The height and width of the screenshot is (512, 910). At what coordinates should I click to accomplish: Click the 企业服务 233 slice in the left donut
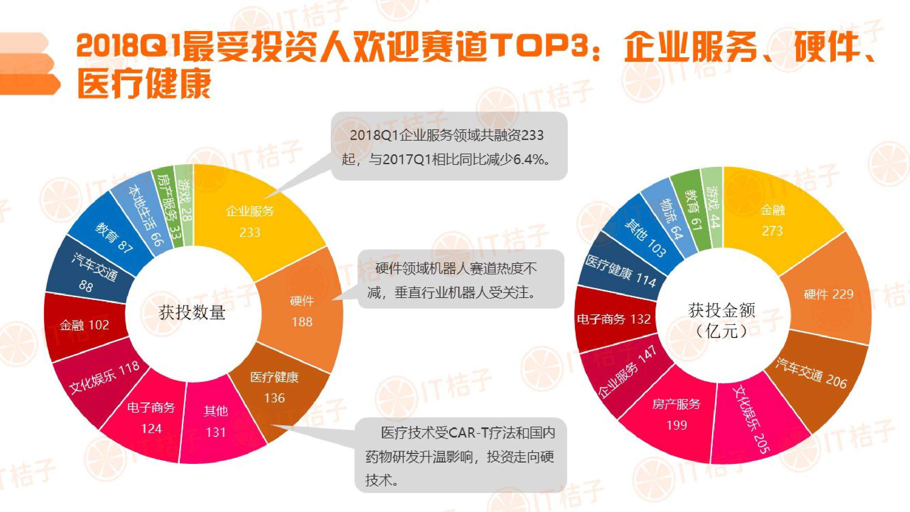coord(250,222)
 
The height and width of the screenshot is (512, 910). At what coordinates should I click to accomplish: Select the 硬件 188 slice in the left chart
coord(302,311)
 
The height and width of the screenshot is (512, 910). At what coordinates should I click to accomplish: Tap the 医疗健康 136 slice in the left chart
coord(274,388)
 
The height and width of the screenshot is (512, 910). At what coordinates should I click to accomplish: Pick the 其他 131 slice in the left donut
coord(216,422)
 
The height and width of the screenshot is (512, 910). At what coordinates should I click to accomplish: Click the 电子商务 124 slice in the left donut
coord(151,418)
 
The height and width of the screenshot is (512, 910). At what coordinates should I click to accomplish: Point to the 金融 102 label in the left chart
coord(84,325)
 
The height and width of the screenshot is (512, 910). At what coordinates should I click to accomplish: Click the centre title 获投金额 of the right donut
coord(721,311)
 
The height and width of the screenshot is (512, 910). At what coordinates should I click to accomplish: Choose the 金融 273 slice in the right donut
coord(772,221)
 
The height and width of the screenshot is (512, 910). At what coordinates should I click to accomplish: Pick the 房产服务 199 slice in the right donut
coord(676,414)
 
